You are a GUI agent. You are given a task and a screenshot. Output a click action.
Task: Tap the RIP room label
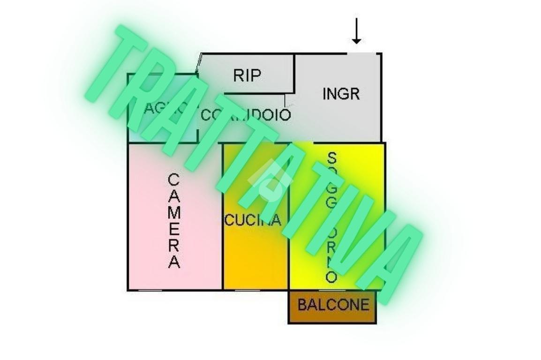247,75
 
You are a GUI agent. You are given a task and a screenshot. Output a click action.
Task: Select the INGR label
341,94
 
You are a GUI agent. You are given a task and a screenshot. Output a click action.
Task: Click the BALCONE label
333,305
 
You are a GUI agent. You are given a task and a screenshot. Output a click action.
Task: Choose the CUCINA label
253,220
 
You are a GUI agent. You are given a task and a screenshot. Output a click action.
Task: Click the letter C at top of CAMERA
174,180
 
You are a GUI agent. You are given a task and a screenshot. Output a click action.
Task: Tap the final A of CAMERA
174,262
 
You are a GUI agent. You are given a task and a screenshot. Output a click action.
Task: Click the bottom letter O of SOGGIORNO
331,277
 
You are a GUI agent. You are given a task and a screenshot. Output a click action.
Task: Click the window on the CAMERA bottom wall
150,290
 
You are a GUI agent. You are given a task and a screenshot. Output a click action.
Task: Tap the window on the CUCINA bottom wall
248,290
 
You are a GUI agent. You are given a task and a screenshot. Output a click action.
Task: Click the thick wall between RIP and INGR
295,73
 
